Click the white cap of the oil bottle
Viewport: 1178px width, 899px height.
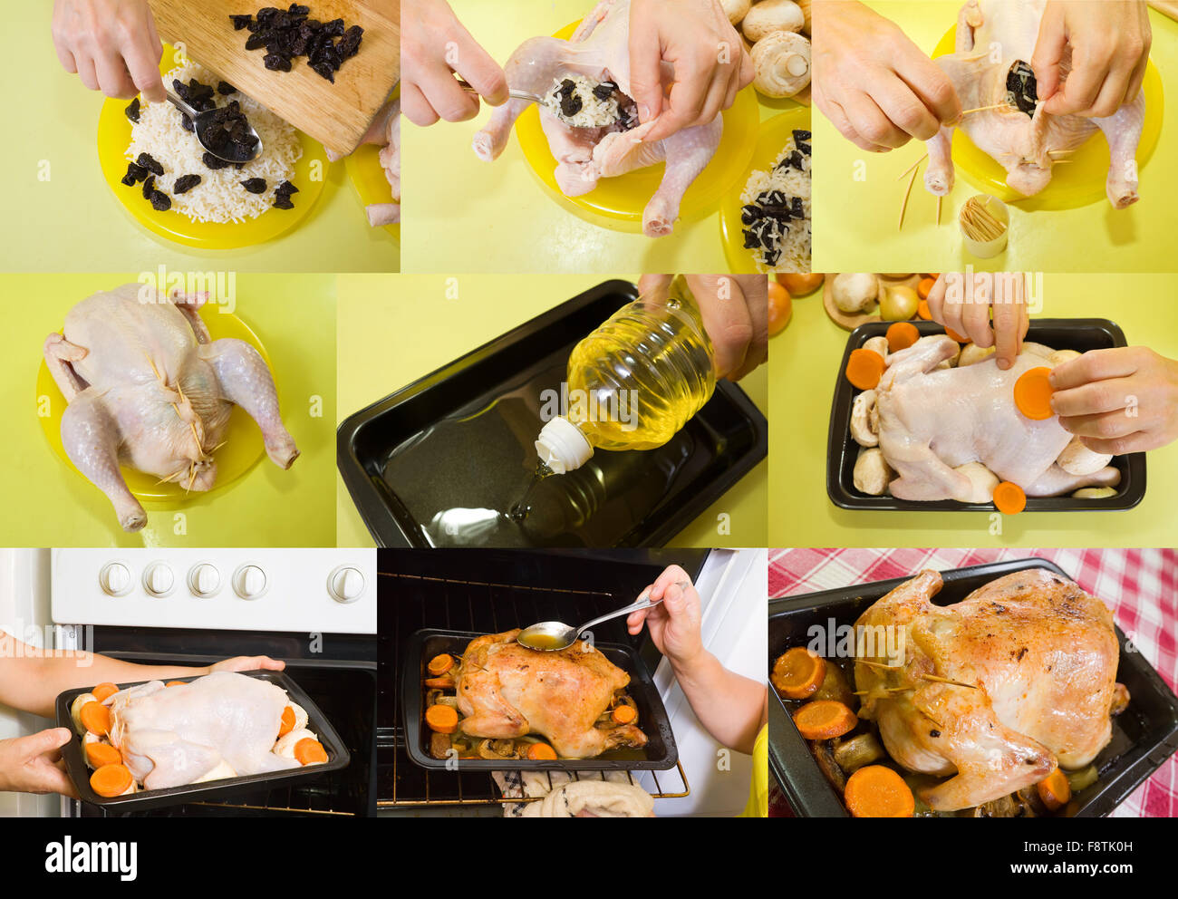tap(563, 445)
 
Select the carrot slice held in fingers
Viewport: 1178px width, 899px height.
tap(1033, 392)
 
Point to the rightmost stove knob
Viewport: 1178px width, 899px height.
tap(346, 584)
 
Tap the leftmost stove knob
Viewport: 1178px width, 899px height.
tap(115, 577)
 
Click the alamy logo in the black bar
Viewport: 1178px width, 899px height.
tap(91, 856)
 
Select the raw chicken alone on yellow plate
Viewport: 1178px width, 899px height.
tap(168, 399)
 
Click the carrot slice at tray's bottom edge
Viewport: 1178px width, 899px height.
tap(1008, 498)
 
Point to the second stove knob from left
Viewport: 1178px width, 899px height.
tap(159, 578)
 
